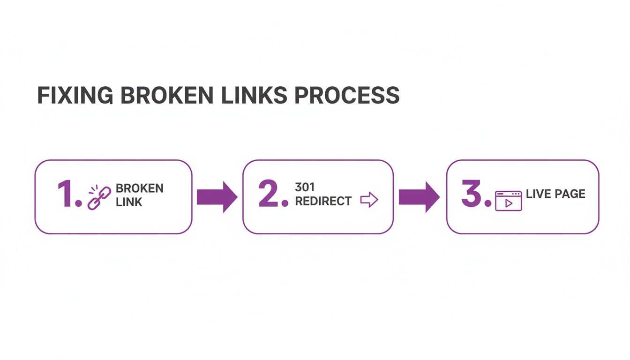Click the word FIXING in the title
click(75, 95)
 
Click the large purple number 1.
click(67, 194)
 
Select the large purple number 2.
click(270, 194)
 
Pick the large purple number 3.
click(473, 194)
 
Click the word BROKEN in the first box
click(139, 188)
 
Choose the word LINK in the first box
click(129, 202)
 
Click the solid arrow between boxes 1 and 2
click(217, 197)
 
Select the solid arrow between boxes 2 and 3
click(419, 197)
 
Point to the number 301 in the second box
click(305, 187)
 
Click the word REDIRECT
click(323, 201)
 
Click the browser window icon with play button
click(508, 201)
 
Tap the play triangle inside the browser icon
click(509, 203)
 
